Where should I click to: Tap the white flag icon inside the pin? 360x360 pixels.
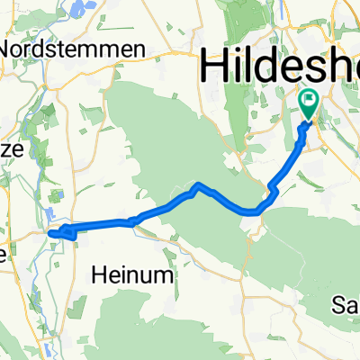click(311, 102)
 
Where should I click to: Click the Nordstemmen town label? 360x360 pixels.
click(74, 48)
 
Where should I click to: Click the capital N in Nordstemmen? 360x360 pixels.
click(11, 48)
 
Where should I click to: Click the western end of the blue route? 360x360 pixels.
click(50, 234)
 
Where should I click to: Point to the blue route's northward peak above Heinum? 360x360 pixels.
click(198, 185)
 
